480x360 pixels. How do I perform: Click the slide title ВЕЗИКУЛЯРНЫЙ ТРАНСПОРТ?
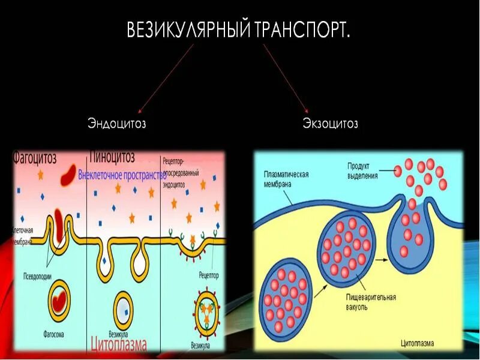(x=238, y=30)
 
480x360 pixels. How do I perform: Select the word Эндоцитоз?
(x=117, y=124)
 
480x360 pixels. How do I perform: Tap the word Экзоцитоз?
(x=330, y=124)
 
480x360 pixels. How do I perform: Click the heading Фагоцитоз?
(x=35, y=158)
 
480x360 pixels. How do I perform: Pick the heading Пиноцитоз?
(x=112, y=157)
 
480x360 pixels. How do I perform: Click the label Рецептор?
(x=208, y=275)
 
